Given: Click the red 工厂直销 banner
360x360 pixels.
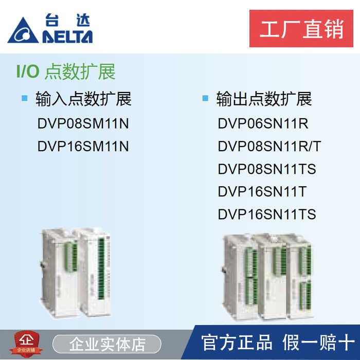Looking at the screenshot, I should tap(301, 28).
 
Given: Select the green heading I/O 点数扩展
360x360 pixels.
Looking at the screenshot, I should tap(65, 71).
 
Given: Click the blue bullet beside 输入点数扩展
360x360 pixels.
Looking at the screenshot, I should tap(24, 98).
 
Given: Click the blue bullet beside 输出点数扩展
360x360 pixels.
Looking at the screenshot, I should tap(205, 98).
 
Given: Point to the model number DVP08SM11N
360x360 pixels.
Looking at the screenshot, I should tap(83, 124).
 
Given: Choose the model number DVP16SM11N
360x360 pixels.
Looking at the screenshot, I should tap(83, 147).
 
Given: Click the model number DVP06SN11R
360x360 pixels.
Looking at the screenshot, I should tap(263, 124).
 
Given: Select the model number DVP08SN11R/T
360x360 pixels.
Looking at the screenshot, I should tap(269, 147).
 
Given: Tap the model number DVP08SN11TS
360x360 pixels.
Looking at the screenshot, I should tap(266, 169).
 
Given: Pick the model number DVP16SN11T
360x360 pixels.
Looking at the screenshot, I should tap(262, 192).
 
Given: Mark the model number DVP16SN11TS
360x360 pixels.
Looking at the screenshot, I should tap(266, 214).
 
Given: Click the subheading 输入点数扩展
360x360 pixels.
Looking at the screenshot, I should tap(83, 98).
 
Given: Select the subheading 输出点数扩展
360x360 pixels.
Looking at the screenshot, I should tap(264, 98).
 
